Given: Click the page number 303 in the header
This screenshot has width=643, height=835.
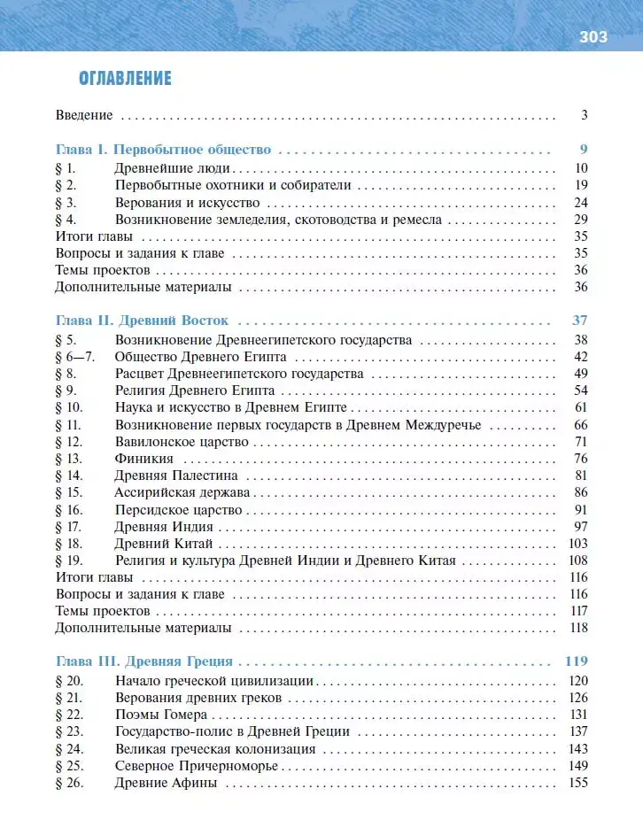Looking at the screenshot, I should coord(593,36).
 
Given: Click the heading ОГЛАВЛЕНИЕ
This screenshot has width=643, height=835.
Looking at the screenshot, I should coord(125,79).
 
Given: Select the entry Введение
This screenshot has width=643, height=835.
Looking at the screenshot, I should coord(84,114).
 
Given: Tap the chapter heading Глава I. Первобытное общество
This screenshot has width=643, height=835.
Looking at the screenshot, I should coord(163,149).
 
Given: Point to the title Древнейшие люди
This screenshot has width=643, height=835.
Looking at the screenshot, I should coord(174,167).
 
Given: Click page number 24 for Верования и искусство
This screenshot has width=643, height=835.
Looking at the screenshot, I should coord(581,202).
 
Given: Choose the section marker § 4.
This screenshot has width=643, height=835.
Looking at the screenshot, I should coord(66,219).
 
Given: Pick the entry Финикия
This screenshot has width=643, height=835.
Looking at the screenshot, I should coord(143,459).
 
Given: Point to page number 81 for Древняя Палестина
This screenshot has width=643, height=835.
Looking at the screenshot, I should coord(581,475).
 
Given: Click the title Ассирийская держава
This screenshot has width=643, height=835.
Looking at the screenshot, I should coord(182,492).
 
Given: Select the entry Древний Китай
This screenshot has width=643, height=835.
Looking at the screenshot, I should coord(164,544).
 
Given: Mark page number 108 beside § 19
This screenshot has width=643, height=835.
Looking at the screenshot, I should coord(577,561).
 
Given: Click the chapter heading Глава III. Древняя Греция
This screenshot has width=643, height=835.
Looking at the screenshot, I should coord(143,661).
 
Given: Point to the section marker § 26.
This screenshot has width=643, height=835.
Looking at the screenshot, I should coord(68,783).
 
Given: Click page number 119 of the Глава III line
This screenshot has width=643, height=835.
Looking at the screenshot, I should coord(576,661).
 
